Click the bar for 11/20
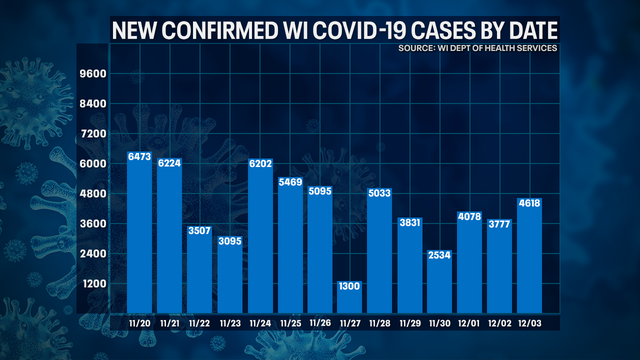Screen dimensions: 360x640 (x=140, y=231)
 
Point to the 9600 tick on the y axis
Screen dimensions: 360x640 (x=95, y=74)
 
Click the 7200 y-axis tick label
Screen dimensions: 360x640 (x=95, y=134)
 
